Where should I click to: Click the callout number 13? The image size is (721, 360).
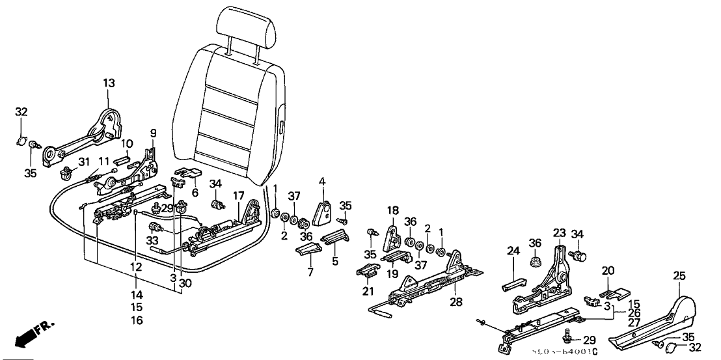coord(108,83)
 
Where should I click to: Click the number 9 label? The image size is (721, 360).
coord(154,133)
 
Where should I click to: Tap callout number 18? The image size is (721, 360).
coord(392,210)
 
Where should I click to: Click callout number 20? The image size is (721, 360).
coord(608,270)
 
